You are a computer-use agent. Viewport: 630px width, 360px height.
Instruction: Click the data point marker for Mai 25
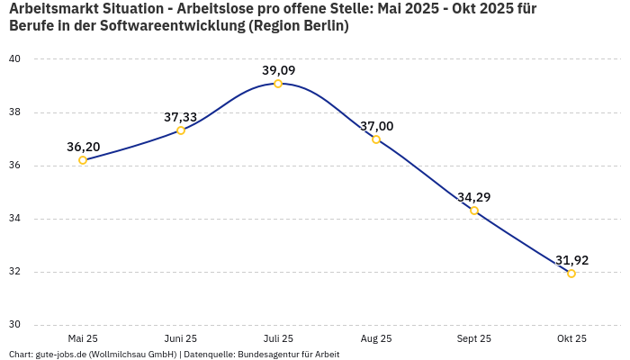(x=83, y=160)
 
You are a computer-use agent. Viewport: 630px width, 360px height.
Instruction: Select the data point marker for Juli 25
(x=278, y=84)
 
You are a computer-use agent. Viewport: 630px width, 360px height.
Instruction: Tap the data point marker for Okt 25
(x=571, y=274)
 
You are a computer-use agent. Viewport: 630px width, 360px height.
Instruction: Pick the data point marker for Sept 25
(x=474, y=211)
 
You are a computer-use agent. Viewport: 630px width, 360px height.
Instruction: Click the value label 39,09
(x=278, y=70)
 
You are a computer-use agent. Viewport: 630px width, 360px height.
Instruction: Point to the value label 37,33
(x=180, y=117)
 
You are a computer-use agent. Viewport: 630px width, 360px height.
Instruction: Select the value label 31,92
(x=571, y=260)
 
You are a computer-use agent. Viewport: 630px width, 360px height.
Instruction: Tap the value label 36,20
(x=83, y=147)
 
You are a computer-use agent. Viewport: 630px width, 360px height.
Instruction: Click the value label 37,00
(x=376, y=126)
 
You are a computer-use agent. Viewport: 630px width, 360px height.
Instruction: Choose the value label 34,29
(x=474, y=197)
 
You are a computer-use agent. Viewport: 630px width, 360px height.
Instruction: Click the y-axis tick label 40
(x=15, y=59)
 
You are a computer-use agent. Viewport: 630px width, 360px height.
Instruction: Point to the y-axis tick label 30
(x=15, y=325)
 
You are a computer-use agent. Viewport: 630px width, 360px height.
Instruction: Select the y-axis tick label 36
(x=15, y=166)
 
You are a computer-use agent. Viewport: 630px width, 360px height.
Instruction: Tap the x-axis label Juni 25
(x=180, y=339)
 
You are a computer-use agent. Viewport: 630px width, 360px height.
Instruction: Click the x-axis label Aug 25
(x=376, y=339)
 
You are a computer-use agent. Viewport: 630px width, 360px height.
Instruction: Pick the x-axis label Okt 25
(x=571, y=339)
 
